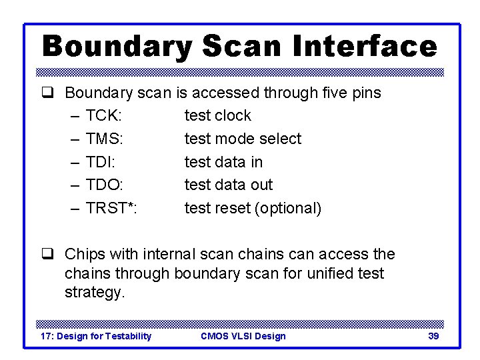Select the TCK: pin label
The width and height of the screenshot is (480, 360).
[103, 115]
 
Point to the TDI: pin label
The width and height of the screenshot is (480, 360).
[101, 162]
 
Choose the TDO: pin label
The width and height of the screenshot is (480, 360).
[104, 185]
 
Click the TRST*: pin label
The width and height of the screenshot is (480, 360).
[111, 208]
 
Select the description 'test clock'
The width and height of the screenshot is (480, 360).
[217, 115]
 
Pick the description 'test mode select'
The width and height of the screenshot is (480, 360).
[243, 139]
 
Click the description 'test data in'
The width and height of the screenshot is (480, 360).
[223, 162]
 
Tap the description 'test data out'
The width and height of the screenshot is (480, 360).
[229, 185]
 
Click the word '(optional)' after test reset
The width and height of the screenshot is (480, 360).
[288, 208]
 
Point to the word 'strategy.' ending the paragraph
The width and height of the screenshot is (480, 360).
[95, 293]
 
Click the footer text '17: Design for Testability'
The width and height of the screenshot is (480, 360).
[96, 336]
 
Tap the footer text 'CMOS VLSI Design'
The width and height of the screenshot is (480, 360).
[243, 336]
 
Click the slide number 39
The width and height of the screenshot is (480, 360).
[433, 336]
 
